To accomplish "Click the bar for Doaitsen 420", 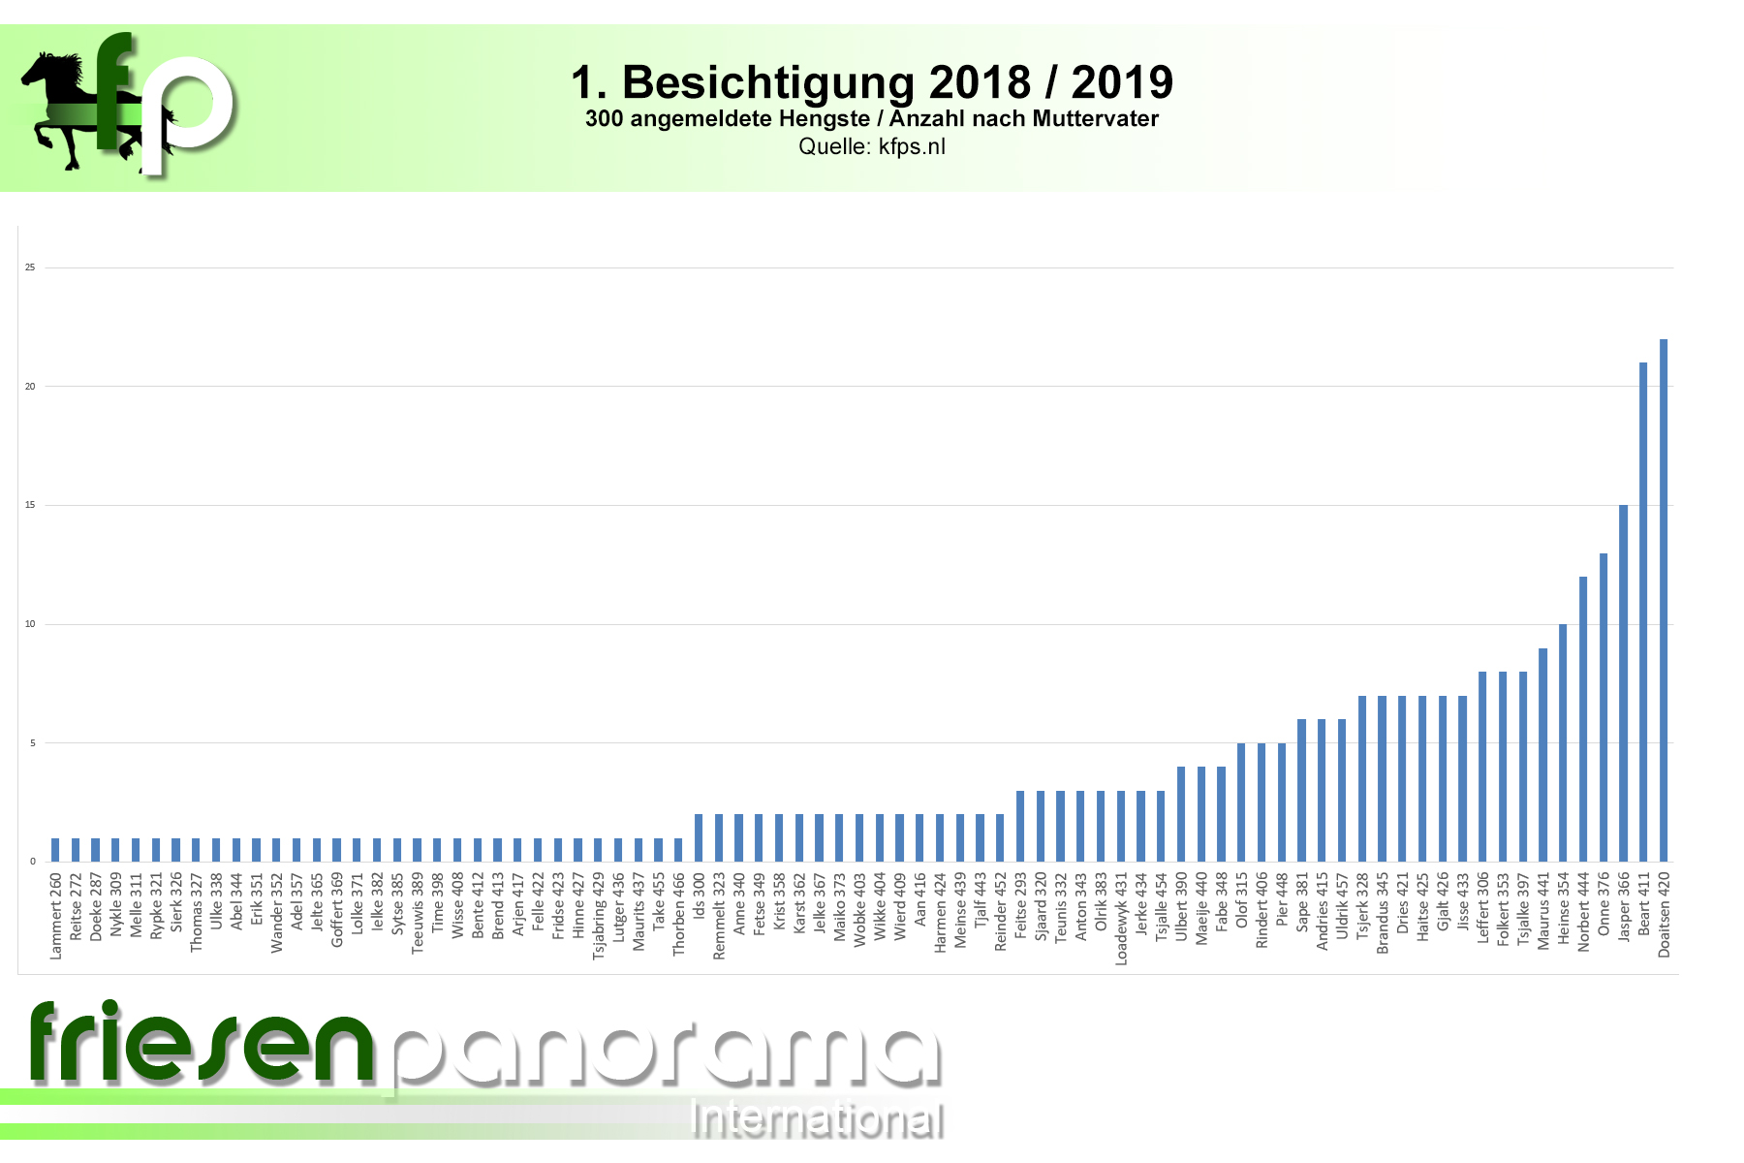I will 1664,601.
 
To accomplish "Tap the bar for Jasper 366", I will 1623,683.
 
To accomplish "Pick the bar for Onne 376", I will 1604,707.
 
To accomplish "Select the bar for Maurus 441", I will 1542,755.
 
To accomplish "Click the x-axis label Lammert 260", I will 56,917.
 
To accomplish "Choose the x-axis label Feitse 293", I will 1020,905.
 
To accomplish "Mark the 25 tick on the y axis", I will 30,267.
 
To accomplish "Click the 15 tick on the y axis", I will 30,505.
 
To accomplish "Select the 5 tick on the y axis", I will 32,743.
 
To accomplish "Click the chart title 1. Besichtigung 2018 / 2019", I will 872,82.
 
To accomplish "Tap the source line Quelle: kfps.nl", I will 872,147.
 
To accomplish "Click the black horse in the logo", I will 63,107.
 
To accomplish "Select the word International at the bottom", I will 816,1121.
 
